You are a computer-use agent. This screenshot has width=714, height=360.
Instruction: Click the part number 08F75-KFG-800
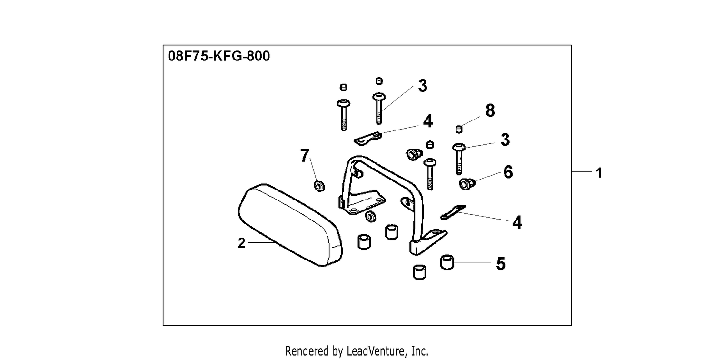[x=218, y=56]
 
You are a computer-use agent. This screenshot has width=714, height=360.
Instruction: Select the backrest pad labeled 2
[x=290, y=225]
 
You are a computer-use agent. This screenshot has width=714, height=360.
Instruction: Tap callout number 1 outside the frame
[x=599, y=173]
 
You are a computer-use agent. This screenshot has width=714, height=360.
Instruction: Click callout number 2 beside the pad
[x=242, y=243]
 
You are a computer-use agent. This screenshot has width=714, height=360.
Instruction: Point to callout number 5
[x=501, y=264]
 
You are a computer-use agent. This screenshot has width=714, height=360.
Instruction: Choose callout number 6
[x=508, y=172]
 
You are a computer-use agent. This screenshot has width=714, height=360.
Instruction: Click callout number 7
[x=305, y=156]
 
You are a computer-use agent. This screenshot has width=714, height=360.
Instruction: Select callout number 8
[x=490, y=110]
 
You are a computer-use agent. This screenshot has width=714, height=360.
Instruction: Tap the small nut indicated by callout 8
[x=459, y=129]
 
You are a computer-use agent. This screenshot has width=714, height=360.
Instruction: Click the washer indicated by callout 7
[x=319, y=186]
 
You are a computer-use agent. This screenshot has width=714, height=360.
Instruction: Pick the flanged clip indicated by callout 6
[x=467, y=184]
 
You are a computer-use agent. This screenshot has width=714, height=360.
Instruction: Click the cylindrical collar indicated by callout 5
[x=447, y=262]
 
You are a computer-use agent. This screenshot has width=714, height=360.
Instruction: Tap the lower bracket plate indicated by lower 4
[x=452, y=212]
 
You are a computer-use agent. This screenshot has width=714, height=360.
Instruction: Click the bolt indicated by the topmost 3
[x=379, y=109]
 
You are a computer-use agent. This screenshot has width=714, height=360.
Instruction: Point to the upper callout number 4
[x=428, y=121]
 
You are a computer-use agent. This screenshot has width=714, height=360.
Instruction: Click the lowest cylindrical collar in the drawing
[x=419, y=272]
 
